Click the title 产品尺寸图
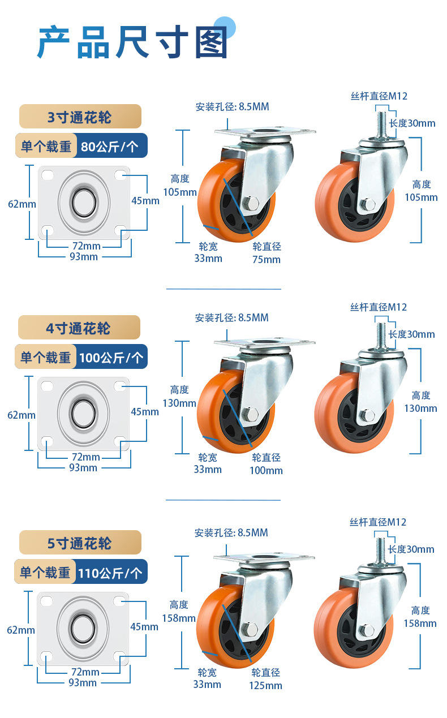point(133,43)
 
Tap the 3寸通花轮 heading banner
point(80,117)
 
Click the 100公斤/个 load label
point(111,358)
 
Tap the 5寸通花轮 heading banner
point(80,543)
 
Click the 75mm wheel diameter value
point(266,260)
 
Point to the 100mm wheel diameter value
point(266,470)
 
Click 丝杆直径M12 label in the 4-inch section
point(378,307)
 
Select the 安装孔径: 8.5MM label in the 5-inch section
point(231,532)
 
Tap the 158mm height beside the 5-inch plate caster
point(179,618)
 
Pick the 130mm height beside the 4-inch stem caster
point(420,408)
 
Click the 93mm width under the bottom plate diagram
point(83,682)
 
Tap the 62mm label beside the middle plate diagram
point(22,415)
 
